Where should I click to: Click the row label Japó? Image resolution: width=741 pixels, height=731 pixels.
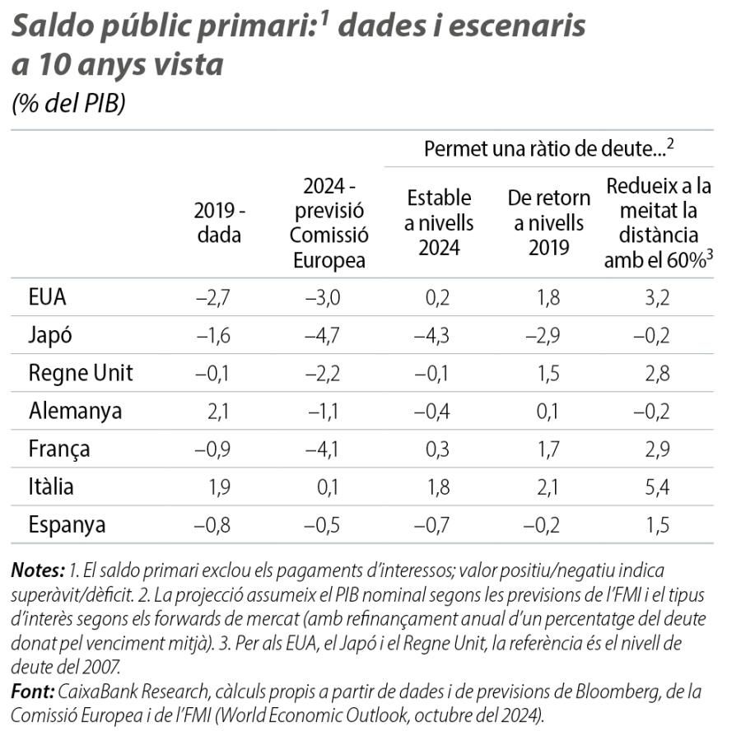51,335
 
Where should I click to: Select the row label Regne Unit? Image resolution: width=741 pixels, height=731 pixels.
81,373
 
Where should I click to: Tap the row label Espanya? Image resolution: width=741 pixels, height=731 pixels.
67,524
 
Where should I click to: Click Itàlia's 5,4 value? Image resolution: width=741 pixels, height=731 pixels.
658,487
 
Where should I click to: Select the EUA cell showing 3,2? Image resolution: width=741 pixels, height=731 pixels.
658,297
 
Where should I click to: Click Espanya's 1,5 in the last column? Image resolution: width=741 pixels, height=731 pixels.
658,524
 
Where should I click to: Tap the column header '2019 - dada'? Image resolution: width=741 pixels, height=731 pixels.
220,222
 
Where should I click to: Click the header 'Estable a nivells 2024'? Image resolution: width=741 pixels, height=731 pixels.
439,222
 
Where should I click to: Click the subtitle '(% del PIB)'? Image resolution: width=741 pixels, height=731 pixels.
68,105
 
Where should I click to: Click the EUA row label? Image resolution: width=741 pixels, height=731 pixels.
47,297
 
